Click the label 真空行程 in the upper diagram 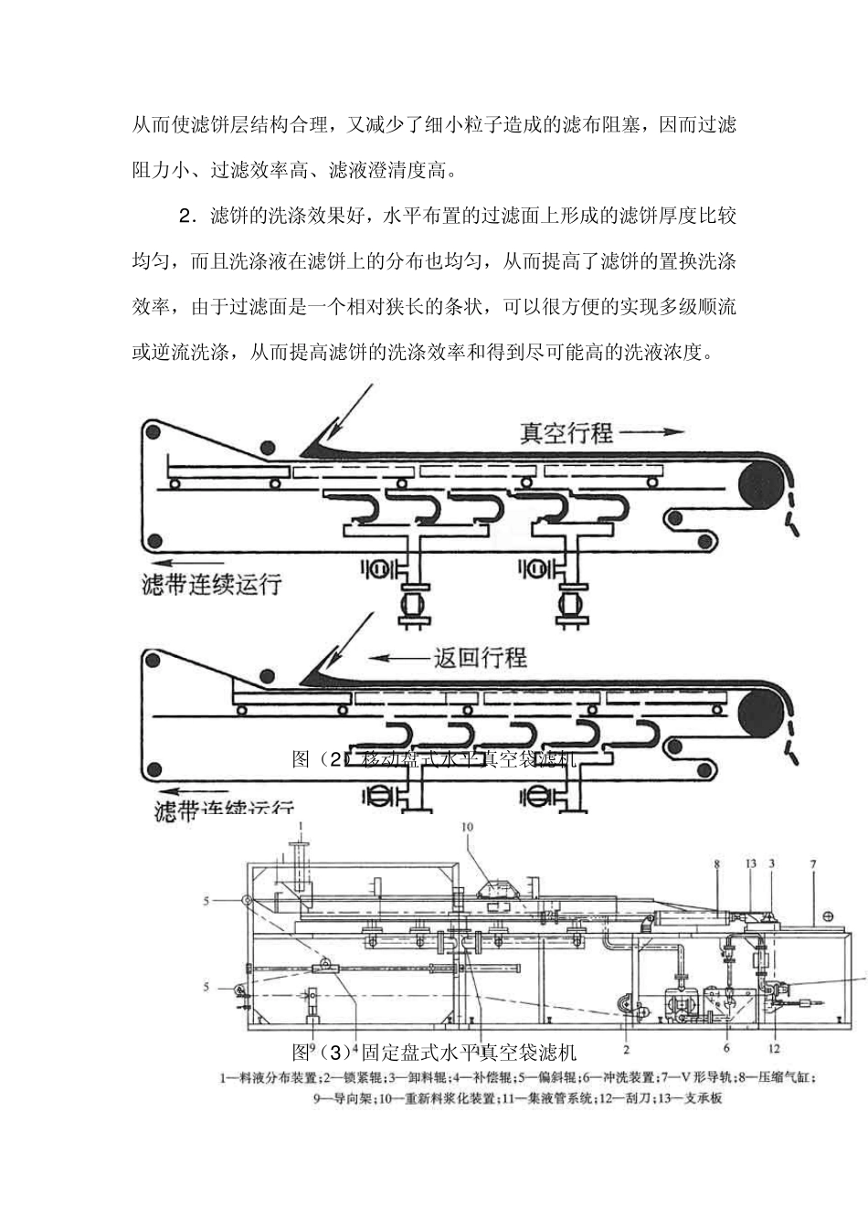click(566, 432)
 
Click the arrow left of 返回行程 click(398, 656)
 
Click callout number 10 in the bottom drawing click(468, 827)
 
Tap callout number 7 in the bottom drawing click(811, 863)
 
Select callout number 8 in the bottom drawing click(717, 863)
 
